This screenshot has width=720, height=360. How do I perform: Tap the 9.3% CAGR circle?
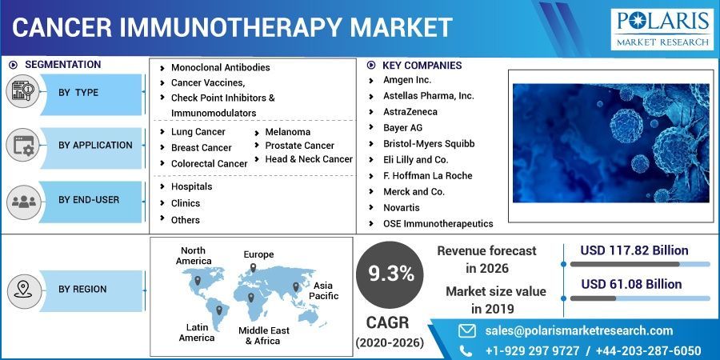tap(391, 274)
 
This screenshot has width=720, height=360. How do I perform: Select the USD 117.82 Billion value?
tap(634, 250)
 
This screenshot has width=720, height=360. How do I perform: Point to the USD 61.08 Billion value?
tap(631, 284)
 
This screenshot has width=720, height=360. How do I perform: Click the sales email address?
tap(578, 330)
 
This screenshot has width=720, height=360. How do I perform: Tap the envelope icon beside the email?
tap(466, 330)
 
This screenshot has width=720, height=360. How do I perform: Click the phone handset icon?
tap(466, 350)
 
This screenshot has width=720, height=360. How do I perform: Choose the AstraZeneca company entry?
tap(410, 111)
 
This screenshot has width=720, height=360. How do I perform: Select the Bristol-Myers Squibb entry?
tap(429, 143)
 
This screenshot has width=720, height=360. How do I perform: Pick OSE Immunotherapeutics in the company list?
tap(438, 223)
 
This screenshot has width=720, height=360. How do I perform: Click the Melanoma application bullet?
tap(287, 131)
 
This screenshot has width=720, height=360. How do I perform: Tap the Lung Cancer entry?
tap(198, 131)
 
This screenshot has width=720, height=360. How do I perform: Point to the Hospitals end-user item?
tap(191, 186)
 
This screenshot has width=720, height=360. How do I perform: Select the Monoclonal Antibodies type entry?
tap(220, 67)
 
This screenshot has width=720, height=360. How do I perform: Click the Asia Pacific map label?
tap(323, 290)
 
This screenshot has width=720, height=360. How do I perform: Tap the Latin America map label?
tap(197, 332)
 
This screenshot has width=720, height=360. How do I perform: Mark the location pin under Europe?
tap(253, 268)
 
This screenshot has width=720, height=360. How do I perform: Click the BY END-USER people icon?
tap(22, 200)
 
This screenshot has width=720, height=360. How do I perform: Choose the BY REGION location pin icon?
tap(22, 289)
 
